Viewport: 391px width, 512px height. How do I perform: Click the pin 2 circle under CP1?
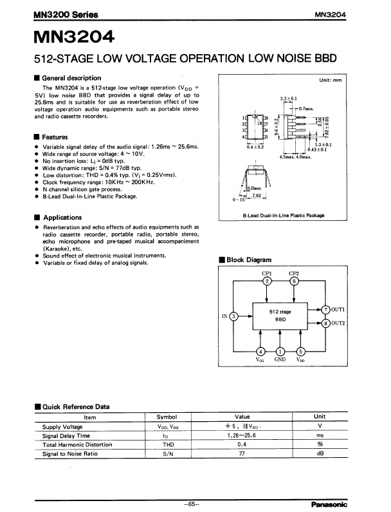coord(268,281)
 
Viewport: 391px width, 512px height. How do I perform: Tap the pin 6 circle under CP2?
coord(294,281)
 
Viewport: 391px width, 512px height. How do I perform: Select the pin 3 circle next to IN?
coord(234,316)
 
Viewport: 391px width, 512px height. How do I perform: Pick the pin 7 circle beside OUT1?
coord(326,310)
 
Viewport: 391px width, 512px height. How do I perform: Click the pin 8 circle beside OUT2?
coord(326,323)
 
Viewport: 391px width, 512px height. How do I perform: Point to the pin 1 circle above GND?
coord(280,351)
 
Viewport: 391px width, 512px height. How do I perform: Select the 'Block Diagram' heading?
coord(248,260)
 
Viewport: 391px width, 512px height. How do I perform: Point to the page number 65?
coord(191,503)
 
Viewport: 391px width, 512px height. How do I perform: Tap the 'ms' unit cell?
coord(320,435)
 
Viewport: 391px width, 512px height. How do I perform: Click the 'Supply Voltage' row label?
coord(62,426)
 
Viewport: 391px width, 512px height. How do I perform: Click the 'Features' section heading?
coord(54,137)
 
